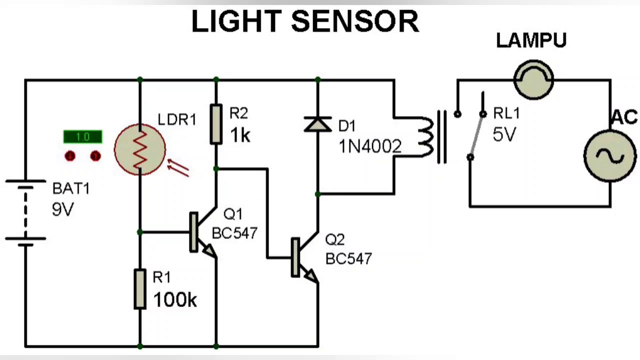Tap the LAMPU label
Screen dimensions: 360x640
click(x=531, y=41)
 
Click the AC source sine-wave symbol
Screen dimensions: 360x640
click(x=610, y=155)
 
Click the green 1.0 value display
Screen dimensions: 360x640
click(x=83, y=137)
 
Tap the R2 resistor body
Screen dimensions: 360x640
click(x=216, y=124)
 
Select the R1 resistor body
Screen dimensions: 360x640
click(x=140, y=289)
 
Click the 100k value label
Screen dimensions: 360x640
click(x=175, y=300)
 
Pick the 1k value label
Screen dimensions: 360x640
click(x=240, y=135)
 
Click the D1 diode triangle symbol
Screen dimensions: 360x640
click(x=317, y=124)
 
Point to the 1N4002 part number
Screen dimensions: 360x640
click(x=370, y=146)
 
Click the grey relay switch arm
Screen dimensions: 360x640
click(x=476, y=135)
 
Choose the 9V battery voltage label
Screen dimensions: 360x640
click(x=62, y=209)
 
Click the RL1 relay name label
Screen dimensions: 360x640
click(x=506, y=114)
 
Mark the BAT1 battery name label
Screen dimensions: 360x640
click(x=71, y=189)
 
